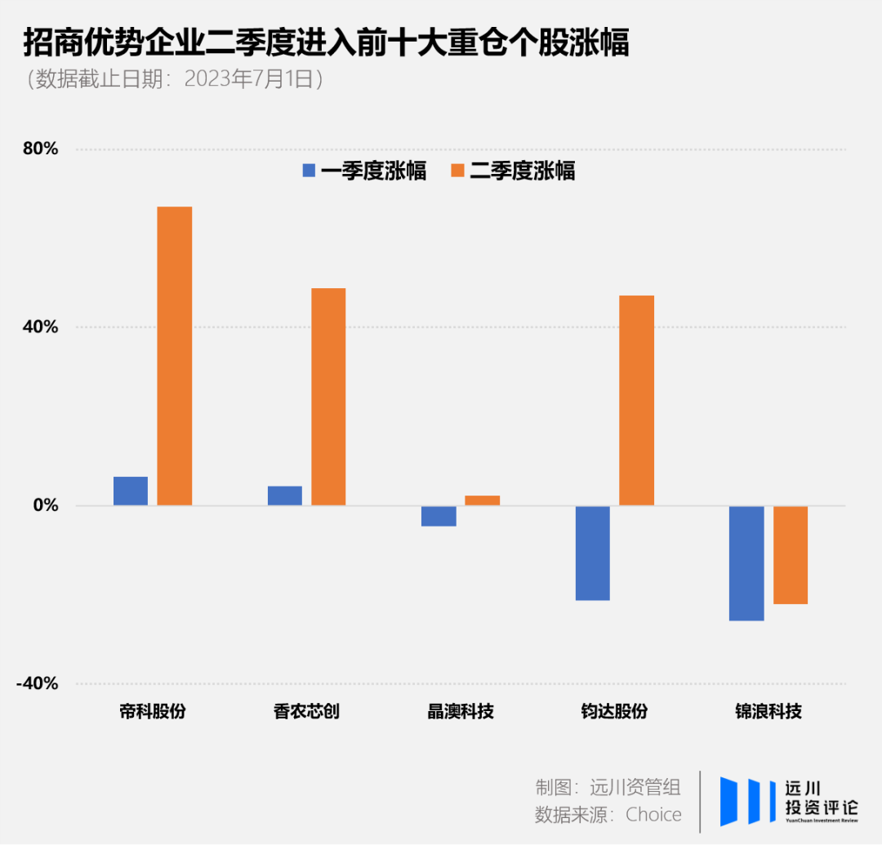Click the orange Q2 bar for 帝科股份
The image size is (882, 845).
coord(175,356)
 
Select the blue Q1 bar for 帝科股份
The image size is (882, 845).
coord(131,491)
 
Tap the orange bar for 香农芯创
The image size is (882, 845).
coord(328,397)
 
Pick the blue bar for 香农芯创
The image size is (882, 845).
coord(284,496)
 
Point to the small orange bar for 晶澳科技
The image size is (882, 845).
coord(483,500)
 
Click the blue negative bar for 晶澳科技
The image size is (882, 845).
coord(439,516)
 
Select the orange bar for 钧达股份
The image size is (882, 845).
coord(636,400)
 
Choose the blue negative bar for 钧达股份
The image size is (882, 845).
coord(592,553)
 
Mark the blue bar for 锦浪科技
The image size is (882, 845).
coord(746,563)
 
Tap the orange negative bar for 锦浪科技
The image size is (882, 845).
coord(791,555)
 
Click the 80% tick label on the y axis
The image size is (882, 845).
coord(40,149)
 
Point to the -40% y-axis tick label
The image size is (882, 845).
coord(38,683)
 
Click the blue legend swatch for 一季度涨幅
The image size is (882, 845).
coord(309,171)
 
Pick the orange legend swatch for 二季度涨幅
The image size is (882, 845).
coord(457,171)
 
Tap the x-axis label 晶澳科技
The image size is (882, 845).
coord(461,711)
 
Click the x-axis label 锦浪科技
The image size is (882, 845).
coord(768,711)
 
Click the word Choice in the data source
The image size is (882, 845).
coord(653,814)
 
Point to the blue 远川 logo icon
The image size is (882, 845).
coord(748,801)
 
